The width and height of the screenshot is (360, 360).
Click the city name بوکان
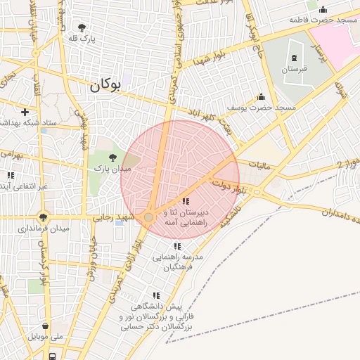[105, 86]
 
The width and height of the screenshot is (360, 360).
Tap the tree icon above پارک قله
[82, 28]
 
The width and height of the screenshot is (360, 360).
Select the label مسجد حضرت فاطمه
[323, 20]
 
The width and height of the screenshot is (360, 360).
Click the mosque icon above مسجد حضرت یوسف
[261, 96]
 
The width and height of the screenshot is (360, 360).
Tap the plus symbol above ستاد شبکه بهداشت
[25, 111]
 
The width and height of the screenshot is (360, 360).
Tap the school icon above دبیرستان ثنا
[186, 202]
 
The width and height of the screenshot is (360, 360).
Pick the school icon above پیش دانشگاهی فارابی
[155, 296]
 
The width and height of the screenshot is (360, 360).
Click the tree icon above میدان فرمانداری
[44, 217]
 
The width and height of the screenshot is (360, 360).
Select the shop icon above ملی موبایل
[46, 326]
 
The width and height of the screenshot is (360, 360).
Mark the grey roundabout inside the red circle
[149, 218]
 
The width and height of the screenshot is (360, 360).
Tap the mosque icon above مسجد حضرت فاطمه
[323, 9]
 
